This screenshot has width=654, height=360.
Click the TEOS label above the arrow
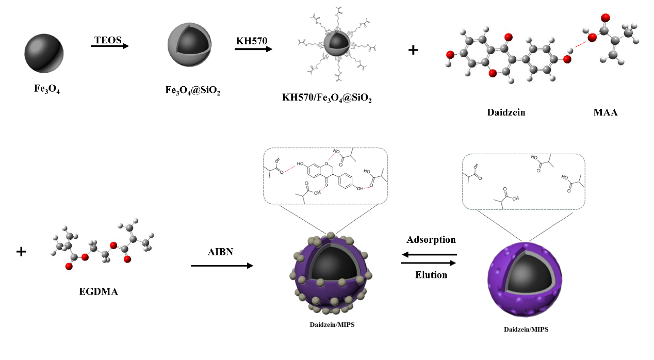pos(107,39)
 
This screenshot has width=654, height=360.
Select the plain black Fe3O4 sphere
pos(43,54)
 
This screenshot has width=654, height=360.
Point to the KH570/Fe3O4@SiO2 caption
pos(327,98)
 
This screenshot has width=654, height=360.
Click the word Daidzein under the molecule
pos(506,112)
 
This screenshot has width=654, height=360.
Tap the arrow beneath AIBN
pos(222,266)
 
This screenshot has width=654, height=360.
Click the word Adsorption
pos(431,240)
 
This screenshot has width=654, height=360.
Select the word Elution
pos(431,275)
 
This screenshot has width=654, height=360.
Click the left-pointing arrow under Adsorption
pos(429,254)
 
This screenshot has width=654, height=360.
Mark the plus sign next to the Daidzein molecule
pos(413,51)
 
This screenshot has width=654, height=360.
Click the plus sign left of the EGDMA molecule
pos(21,252)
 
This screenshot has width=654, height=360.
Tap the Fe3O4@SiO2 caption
pos(190,89)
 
